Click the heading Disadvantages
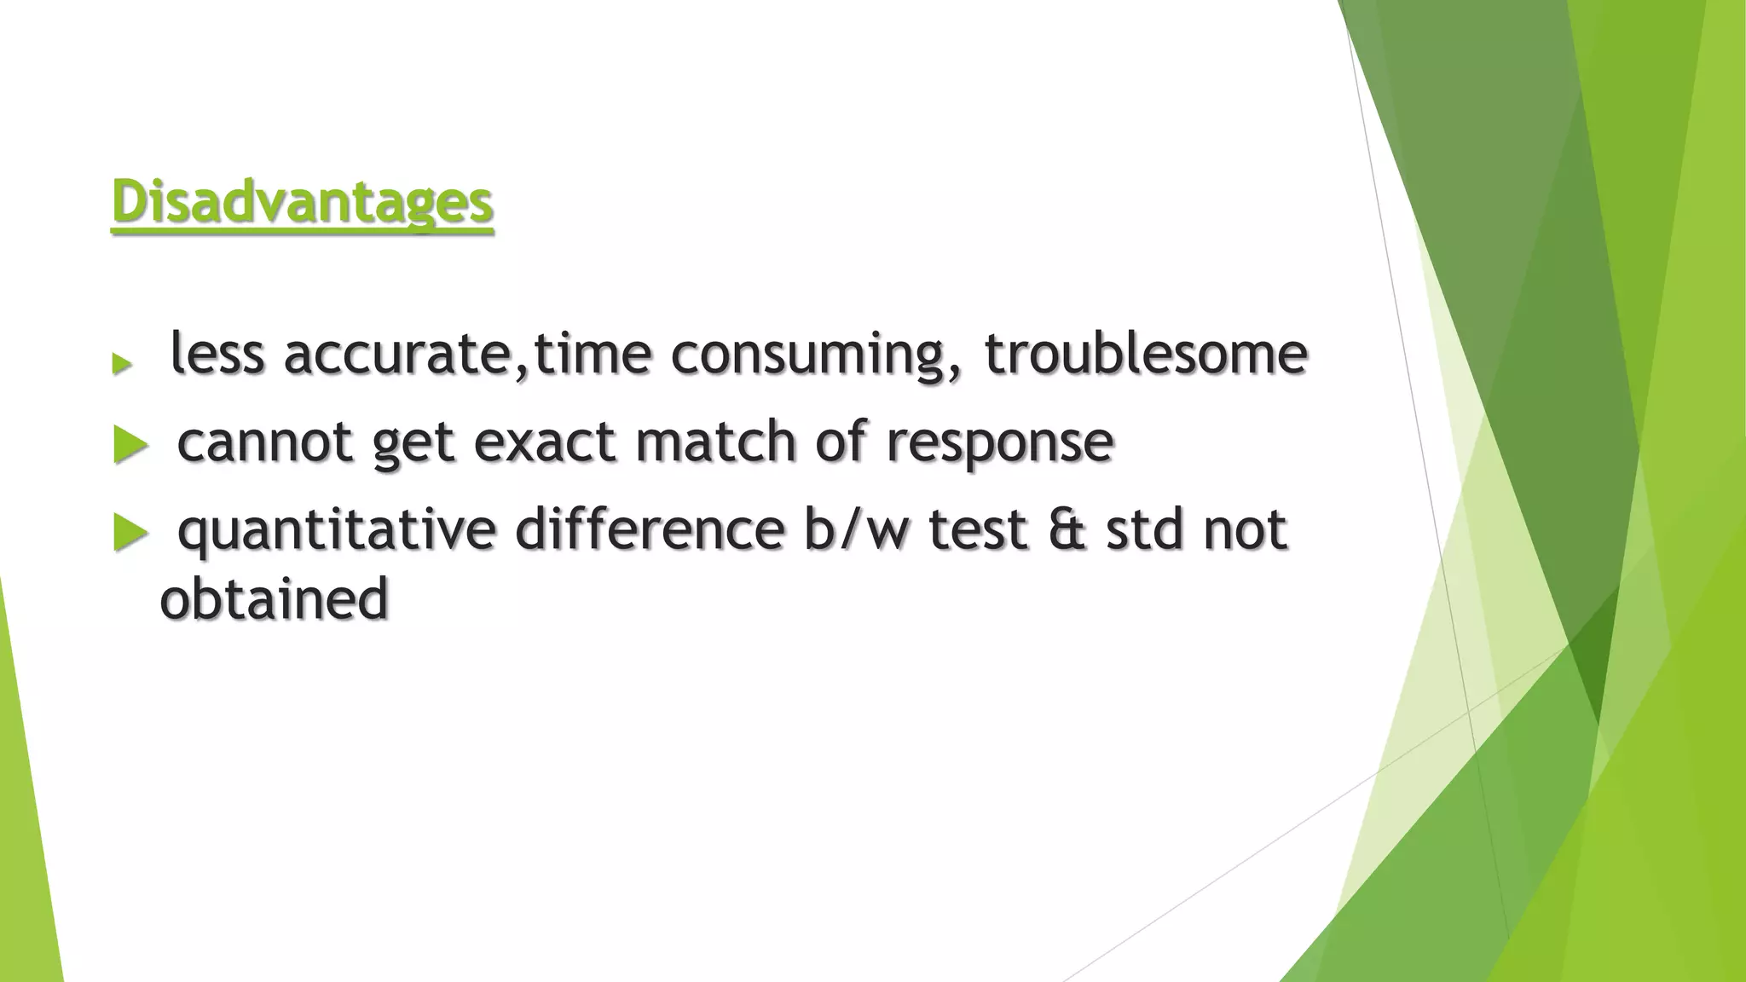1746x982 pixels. click(x=303, y=203)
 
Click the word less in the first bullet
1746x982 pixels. click(x=217, y=353)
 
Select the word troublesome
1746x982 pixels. click(x=1146, y=353)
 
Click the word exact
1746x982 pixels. click(x=544, y=442)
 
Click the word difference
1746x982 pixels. click(x=650, y=529)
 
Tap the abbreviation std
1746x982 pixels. click(x=1145, y=529)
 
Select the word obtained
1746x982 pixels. click(x=275, y=599)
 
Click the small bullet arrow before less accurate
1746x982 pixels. click(x=122, y=364)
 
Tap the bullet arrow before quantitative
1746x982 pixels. click(x=130, y=533)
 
